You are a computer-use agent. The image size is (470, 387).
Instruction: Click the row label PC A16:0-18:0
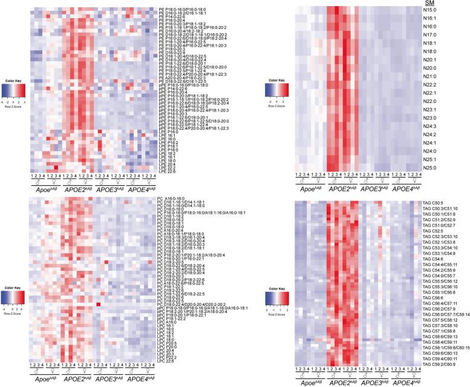point(171,198)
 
